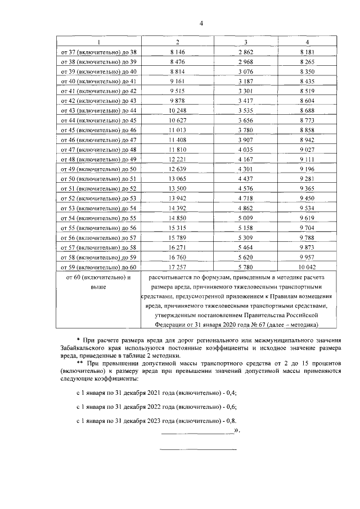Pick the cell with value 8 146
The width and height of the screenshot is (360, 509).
click(177, 52)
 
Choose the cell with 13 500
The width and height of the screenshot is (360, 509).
click(177, 188)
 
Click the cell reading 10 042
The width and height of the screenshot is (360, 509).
click(307, 267)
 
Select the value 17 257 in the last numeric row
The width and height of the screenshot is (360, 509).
click(177, 267)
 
